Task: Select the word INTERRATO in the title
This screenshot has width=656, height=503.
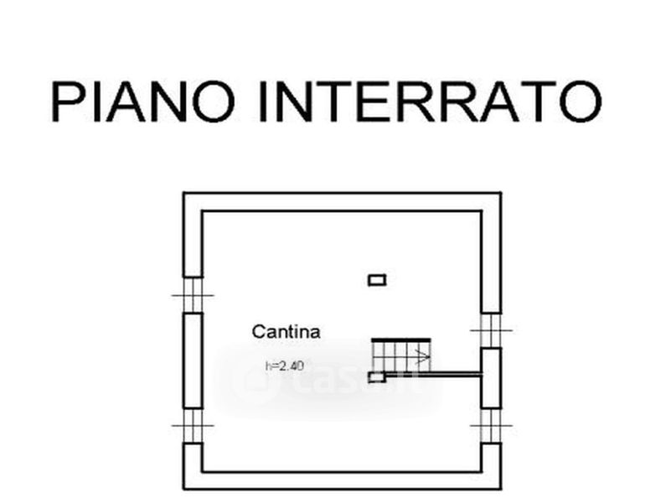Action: [427, 101]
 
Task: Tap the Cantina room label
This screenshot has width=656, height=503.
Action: [286, 332]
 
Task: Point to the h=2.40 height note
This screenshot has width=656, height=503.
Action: [282, 366]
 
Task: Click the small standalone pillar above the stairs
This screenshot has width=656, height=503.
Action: [377, 280]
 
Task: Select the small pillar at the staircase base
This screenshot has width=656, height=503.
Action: [377, 376]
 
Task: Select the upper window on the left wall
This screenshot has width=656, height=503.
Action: [193, 295]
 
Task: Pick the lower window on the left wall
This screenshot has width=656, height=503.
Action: [193, 426]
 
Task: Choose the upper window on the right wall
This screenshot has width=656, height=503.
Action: [491, 330]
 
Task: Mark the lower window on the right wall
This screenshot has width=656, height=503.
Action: [491, 426]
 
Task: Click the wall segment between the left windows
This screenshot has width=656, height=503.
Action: [193, 360]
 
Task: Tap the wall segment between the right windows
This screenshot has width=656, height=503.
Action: [491, 377]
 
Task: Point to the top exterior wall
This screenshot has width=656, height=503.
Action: [342, 201]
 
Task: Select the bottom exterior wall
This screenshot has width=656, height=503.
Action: [342, 480]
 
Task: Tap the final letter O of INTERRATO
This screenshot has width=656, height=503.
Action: [579, 101]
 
